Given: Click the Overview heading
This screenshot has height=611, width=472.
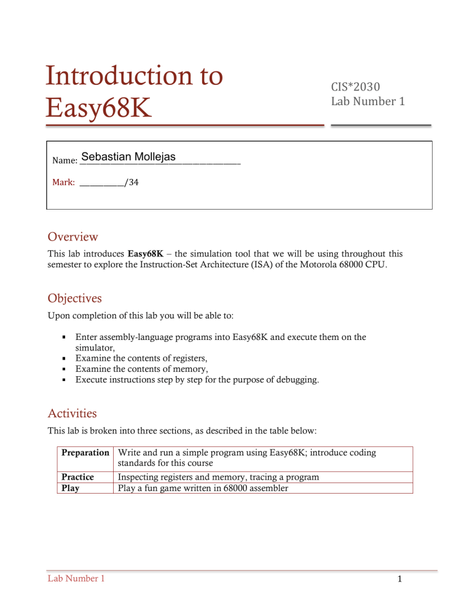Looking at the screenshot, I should [73, 236].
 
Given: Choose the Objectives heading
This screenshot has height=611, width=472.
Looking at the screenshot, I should [76, 298].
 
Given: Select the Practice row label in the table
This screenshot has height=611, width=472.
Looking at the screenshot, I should [77, 477].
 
